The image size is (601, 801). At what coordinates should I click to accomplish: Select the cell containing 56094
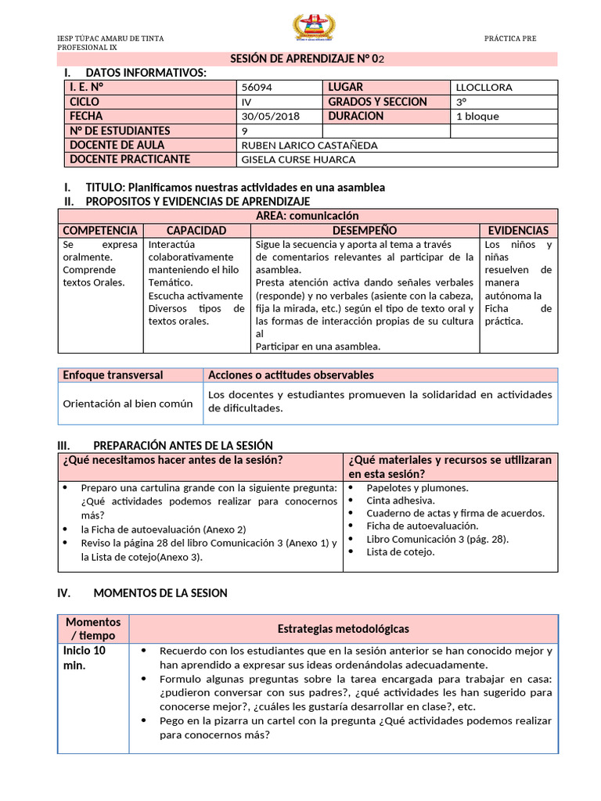pos(257,88)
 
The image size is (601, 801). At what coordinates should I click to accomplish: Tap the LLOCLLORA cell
pos(484,88)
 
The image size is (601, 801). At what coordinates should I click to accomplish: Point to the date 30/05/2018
pos(266,117)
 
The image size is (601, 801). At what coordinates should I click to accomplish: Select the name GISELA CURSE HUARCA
pos(299,160)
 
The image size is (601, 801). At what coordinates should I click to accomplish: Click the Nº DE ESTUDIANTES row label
pos(119,131)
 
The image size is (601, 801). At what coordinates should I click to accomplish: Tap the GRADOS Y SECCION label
pos(377,102)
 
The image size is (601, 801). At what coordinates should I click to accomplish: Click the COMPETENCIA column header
pos(100,231)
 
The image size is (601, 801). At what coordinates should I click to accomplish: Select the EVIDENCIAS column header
pos(518,231)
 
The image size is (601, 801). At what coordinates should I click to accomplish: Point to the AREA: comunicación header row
pos(308,216)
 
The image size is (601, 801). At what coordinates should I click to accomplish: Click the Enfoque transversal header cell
pos(113,375)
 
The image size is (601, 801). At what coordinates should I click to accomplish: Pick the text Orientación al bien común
pos(128,404)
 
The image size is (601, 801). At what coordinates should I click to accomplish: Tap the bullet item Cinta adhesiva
pos(401,501)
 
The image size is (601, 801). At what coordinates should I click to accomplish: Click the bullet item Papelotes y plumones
pos(417,488)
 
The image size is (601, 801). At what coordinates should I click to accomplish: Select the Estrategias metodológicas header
pos(343,629)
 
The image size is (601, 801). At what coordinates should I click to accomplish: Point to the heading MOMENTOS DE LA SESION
pos(160,593)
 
